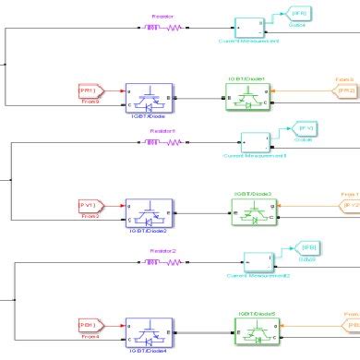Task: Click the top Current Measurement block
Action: tap(250, 27)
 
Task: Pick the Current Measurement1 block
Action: tap(256, 141)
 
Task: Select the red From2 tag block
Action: tap(90, 205)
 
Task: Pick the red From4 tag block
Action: tap(90, 323)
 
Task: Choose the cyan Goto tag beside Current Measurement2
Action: tap(306, 247)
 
